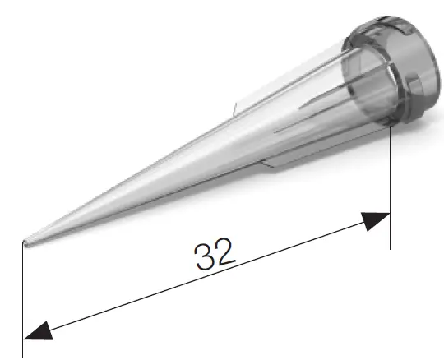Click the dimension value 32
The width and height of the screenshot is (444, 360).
[x=215, y=255]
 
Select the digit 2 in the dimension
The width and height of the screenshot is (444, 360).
[x=226, y=252]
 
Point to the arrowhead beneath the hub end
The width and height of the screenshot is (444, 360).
[x=375, y=219]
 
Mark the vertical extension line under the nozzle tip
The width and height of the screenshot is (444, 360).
[x=23, y=296]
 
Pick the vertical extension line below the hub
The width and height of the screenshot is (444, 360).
[x=389, y=189]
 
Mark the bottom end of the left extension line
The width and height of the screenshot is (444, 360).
[x=23, y=355]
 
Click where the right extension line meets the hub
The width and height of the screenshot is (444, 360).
[x=389, y=127]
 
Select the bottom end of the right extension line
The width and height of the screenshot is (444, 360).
[x=389, y=247]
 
